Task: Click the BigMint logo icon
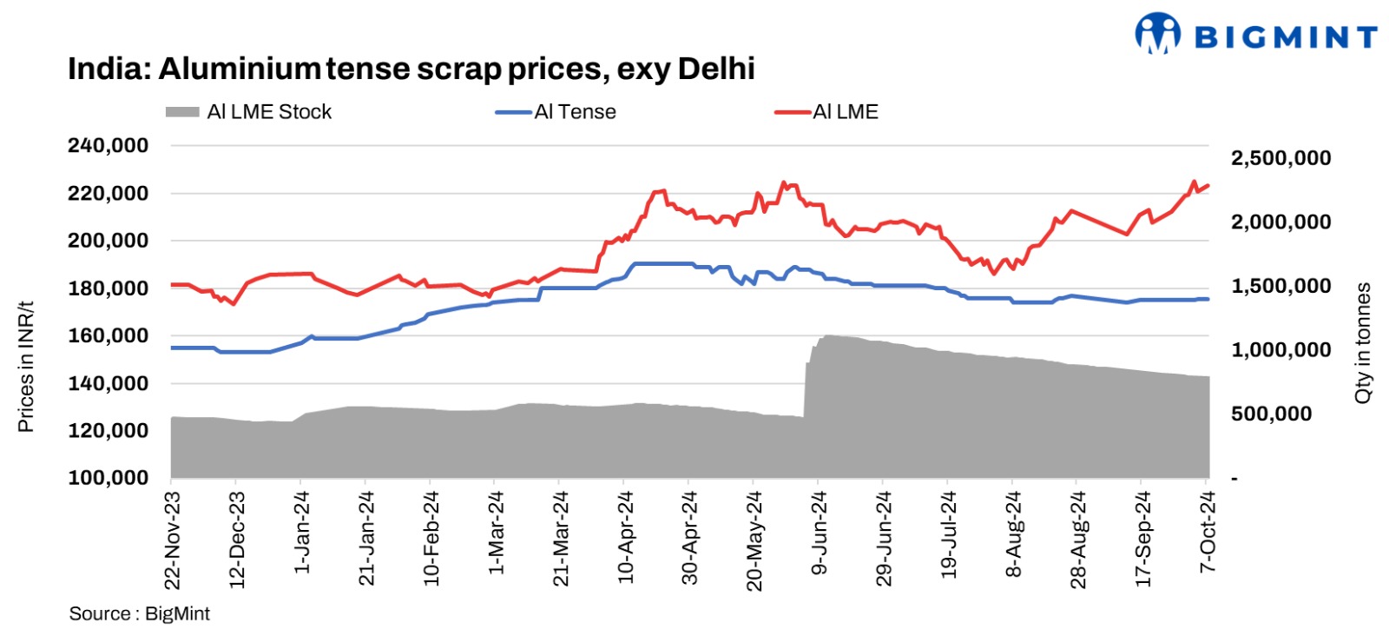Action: pos(1157,34)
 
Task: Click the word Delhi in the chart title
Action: pos(716,69)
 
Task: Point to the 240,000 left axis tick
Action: pos(109,146)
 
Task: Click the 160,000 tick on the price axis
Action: pos(109,335)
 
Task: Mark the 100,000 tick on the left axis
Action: pos(109,478)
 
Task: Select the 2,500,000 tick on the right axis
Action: pos(1280,158)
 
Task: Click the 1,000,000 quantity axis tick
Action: pos(1280,350)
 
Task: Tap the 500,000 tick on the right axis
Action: pos(1271,414)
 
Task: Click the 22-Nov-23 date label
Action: pos(172,540)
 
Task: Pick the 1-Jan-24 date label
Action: pos(301,532)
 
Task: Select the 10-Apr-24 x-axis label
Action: pos(625,537)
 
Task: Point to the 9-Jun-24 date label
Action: pos(820,533)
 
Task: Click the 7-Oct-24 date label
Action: pos(1208,532)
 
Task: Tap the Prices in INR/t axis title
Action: pos(26,367)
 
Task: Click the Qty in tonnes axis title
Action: pos(1363,342)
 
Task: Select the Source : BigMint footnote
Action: pos(140,613)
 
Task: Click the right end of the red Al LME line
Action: pos(1208,185)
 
